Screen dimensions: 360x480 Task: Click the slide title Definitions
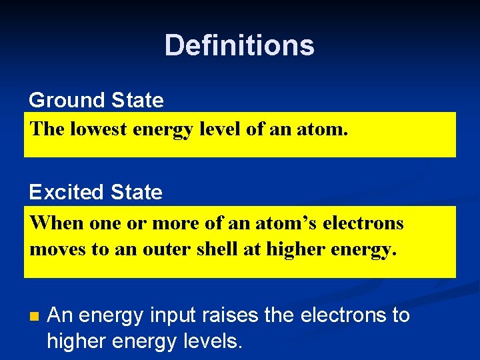tap(239, 45)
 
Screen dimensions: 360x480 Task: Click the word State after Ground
tap(137, 101)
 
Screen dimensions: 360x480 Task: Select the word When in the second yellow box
tap(52, 223)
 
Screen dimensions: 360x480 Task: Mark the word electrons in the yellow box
tap(363, 223)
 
